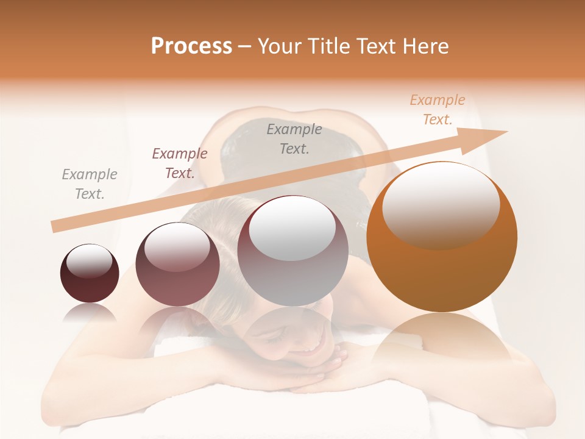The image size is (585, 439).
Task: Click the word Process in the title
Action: [191, 46]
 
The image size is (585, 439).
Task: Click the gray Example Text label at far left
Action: [90, 184]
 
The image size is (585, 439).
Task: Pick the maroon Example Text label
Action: [180, 163]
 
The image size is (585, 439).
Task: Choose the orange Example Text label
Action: [438, 110]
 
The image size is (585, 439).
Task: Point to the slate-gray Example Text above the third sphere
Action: [294, 138]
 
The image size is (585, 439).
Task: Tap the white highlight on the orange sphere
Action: [441, 204]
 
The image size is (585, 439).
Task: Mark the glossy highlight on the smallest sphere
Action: [90, 260]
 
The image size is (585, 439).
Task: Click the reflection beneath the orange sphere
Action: [442, 341]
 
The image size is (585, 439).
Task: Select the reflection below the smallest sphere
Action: [90, 312]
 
